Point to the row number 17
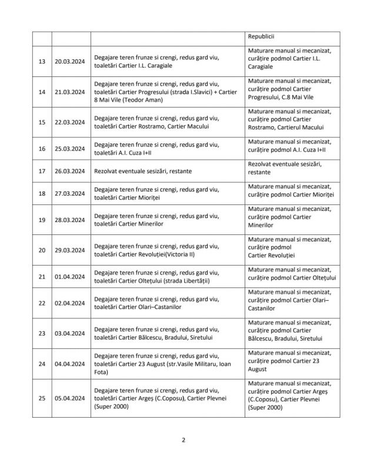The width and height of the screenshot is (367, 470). (x=42, y=171)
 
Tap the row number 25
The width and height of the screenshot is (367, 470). (x=42, y=398)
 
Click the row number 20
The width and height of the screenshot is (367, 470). (x=42, y=250)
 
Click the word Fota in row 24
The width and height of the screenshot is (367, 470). (x=101, y=371)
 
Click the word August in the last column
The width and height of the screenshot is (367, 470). (x=258, y=369)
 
